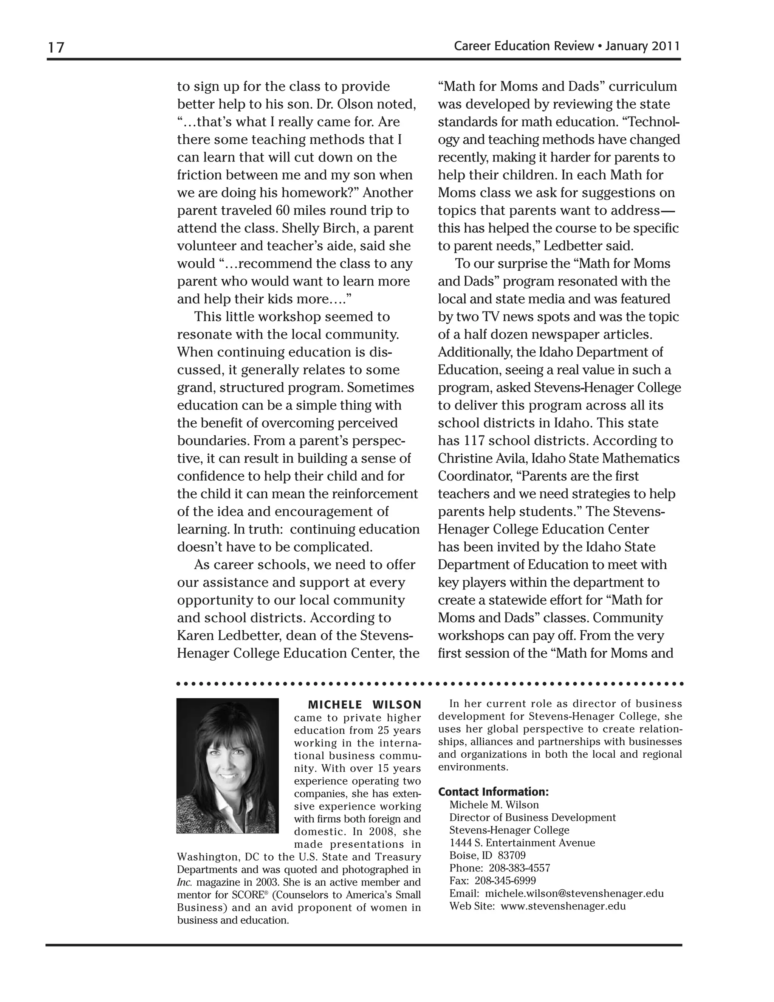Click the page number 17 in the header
(56, 47)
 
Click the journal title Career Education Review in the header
(523, 46)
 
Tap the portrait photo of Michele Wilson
(228, 766)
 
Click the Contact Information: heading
(493, 792)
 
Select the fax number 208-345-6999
(505, 880)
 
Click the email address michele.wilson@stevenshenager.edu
(574, 893)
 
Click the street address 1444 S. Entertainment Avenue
(522, 843)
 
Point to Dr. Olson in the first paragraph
(344, 104)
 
